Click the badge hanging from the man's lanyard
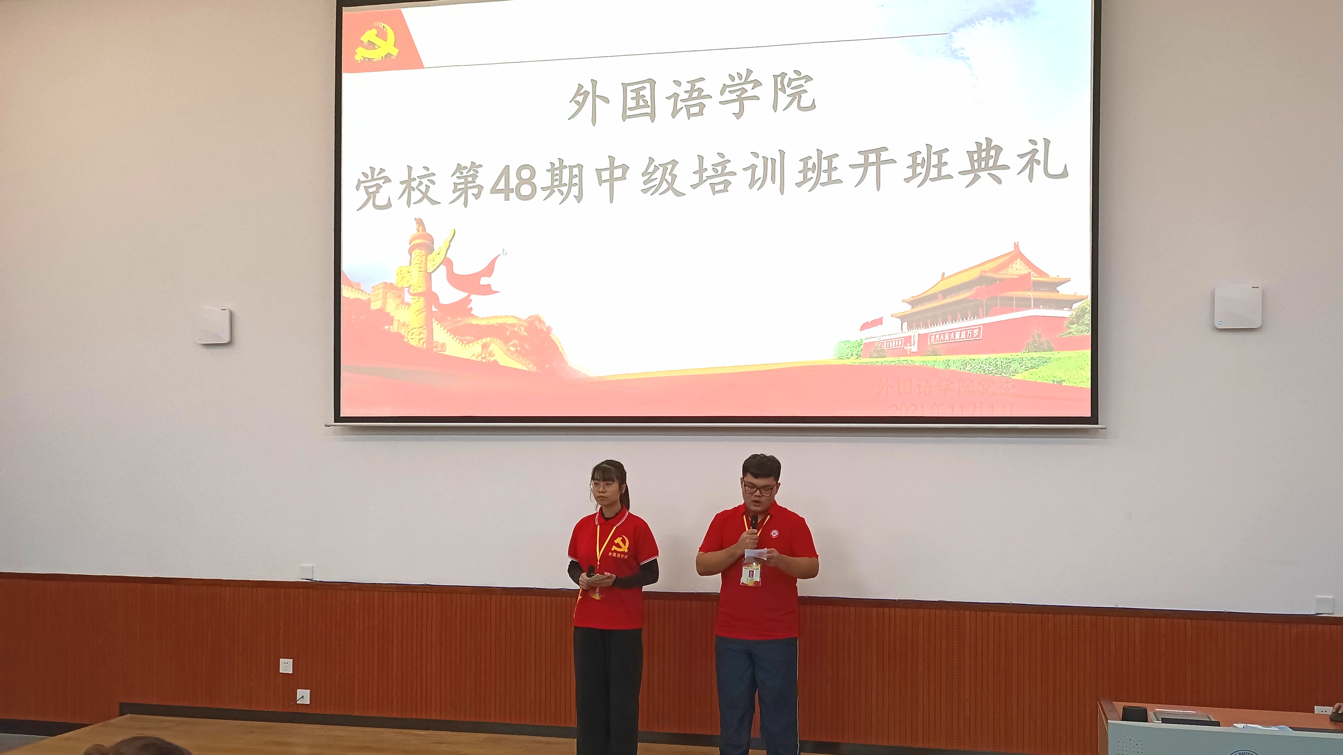click(751, 573)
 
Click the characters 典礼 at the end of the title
click(1014, 169)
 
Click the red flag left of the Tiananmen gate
click(871, 323)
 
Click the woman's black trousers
click(607, 688)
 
